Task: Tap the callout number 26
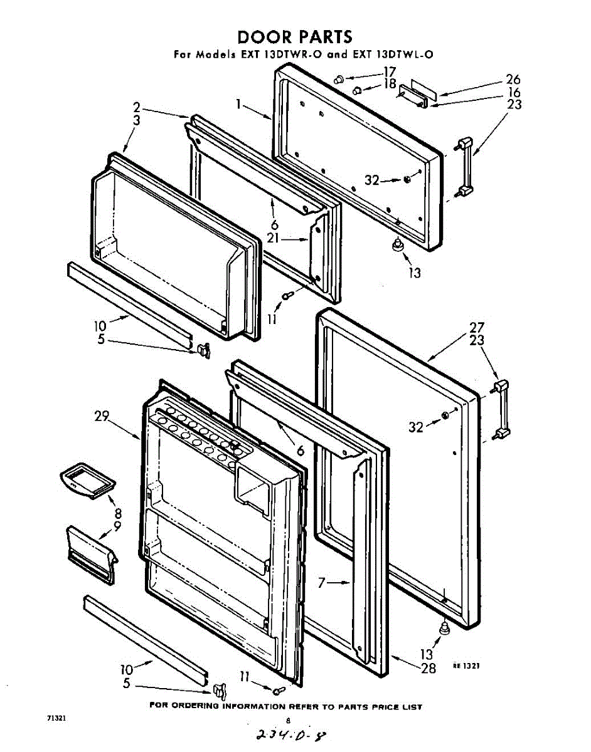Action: click(x=513, y=80)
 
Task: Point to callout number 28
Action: click(x=428, y=668)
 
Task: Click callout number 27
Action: click(x=477, y=326)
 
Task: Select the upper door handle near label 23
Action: click(x=465, y=166)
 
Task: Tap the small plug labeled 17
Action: click(x=339, y=80)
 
